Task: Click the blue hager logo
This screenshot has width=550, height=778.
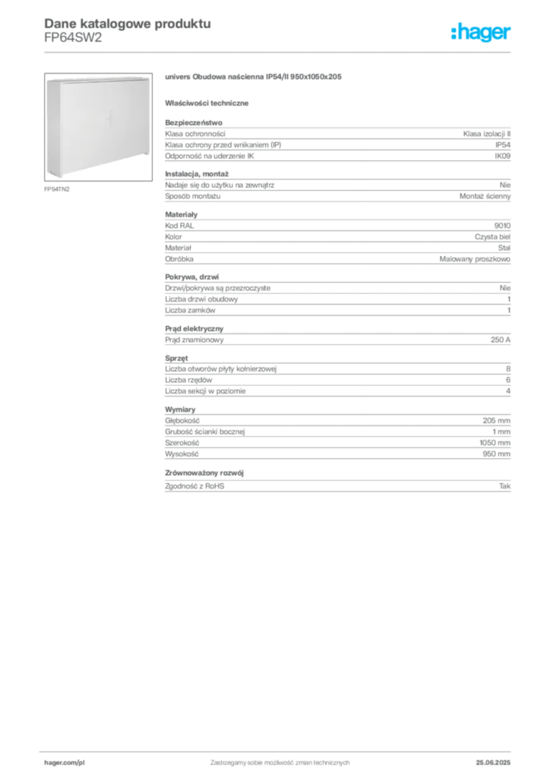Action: pos(482,33)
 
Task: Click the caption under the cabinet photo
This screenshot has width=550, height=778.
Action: pos(57,188)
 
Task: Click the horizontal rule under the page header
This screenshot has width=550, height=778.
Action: pos(279,52)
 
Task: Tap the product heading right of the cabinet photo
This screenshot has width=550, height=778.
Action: pos(255,77)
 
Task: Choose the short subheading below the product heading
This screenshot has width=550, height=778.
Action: pos(209,103)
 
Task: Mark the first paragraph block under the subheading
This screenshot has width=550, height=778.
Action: pos(337,141)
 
